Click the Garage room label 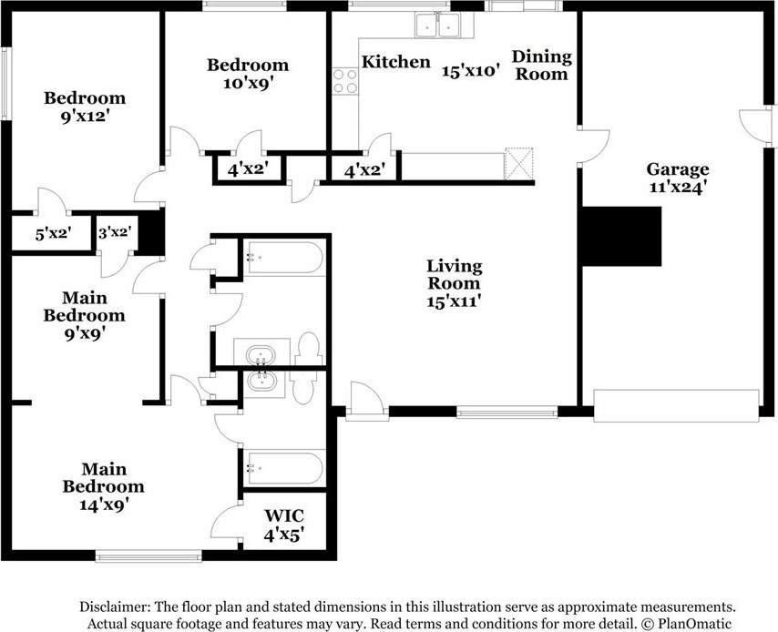(x=677, y=169)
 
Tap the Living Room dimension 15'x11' (x=454, y=301)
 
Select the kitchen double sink (x=437, y=25)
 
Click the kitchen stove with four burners (x=345, y=81)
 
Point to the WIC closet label (x=284, y=515)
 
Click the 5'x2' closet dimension (x=53, y=233)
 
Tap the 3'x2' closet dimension (x=115, y=231)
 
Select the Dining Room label (x=542, y=65)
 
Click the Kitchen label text (x=396, y=62)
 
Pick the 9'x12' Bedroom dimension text (x=85, y=117)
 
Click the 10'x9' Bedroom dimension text (x=249, y=83)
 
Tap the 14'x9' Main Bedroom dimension (x=104, y=505)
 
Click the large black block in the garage (x=621, y=236)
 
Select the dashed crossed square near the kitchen (x=518, y=164)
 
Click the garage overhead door (x=676, y=406)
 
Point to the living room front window (x=507, y=412)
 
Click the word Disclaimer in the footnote (x=115, y=607)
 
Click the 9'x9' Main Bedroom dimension (x=85, y=333)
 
